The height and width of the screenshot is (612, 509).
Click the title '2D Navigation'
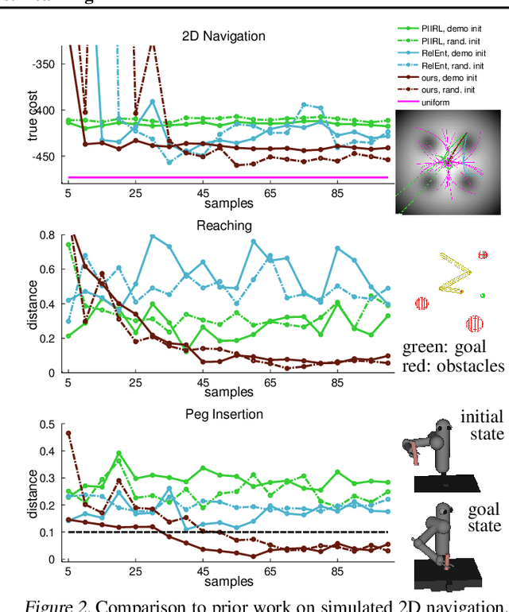[225, 36]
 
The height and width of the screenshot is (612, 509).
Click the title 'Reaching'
[224, 226]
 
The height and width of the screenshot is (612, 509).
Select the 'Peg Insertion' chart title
[224, 413]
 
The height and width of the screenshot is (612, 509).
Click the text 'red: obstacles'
[453, 366]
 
